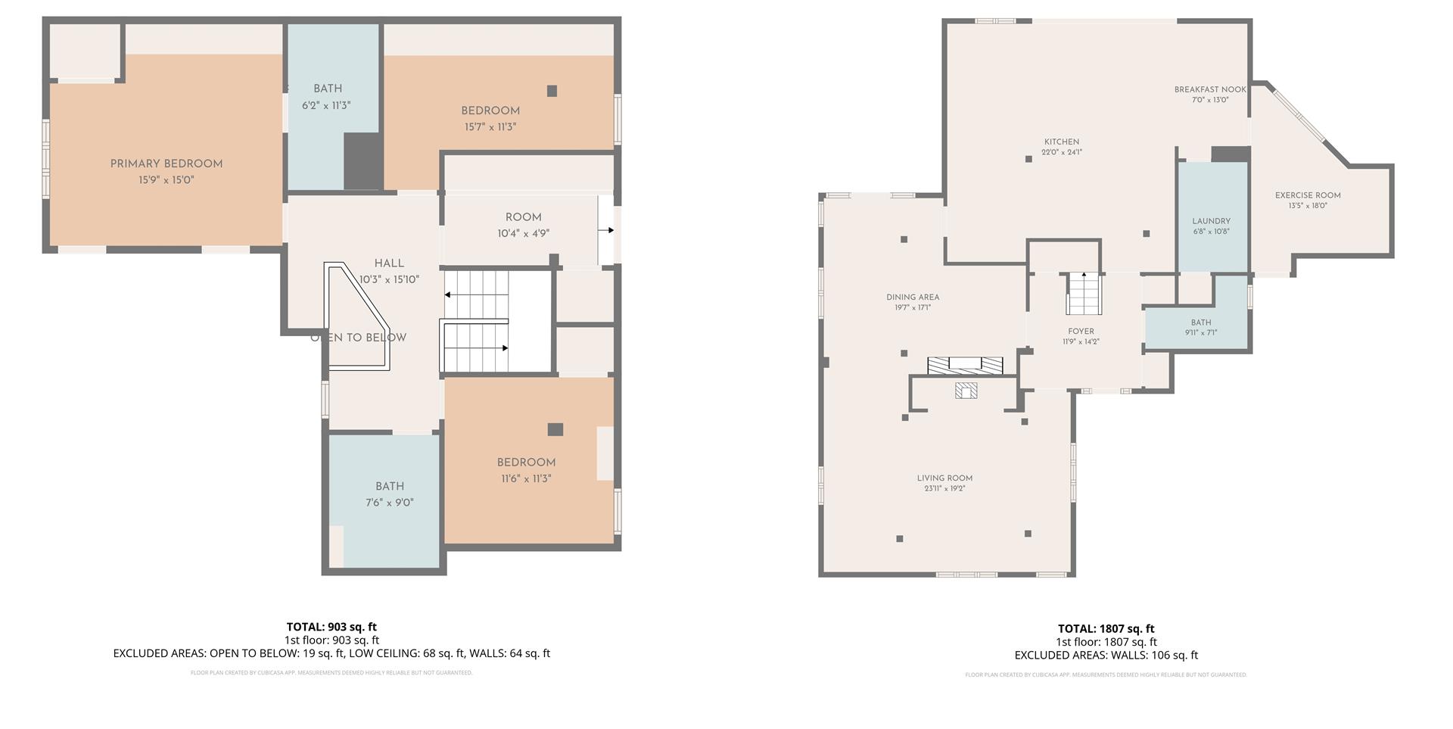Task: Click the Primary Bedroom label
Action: click(x=166, y=164)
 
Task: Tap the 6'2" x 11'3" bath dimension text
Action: click(x=326, y=106)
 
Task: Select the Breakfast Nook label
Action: click(x=1209, y=89)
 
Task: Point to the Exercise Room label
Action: click(x=1307, y=195)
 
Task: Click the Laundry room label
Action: click(x=1211, y=221)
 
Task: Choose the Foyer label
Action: click(x=1081, y=332)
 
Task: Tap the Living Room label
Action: click(x=944, y=478)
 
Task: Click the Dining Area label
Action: click(x=913, y=298)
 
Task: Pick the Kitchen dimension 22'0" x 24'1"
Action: click(x=1061, y=152)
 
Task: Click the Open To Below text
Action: click(x=358, y=338)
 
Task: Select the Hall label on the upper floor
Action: click(x=389, y=263)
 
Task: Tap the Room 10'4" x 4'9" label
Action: click(x=523, y=217)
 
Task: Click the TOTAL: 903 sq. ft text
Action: click(x=331, y=627)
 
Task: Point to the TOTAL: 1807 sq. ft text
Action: click(x=1106, y=628)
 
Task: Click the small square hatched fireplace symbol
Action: click(x=966, y=391)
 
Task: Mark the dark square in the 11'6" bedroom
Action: click(x=555, y=429)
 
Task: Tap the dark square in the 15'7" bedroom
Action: click(x=552, y=91)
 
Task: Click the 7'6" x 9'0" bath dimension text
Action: click(x=390, y=503)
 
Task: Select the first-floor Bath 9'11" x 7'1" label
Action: click(x=1200, y=322)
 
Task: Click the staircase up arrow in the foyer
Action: click(x=1084, y=275)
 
